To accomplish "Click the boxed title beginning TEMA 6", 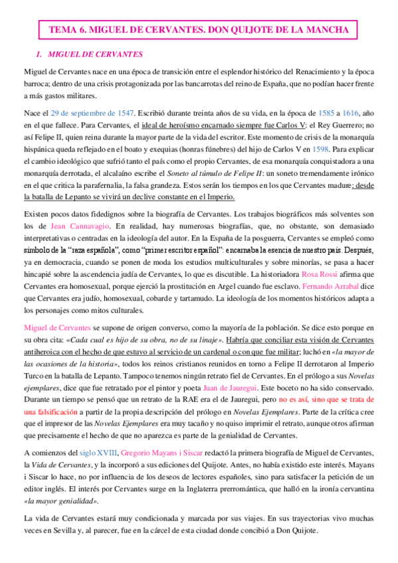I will [199, 29].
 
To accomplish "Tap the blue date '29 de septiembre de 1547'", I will [93, 112].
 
